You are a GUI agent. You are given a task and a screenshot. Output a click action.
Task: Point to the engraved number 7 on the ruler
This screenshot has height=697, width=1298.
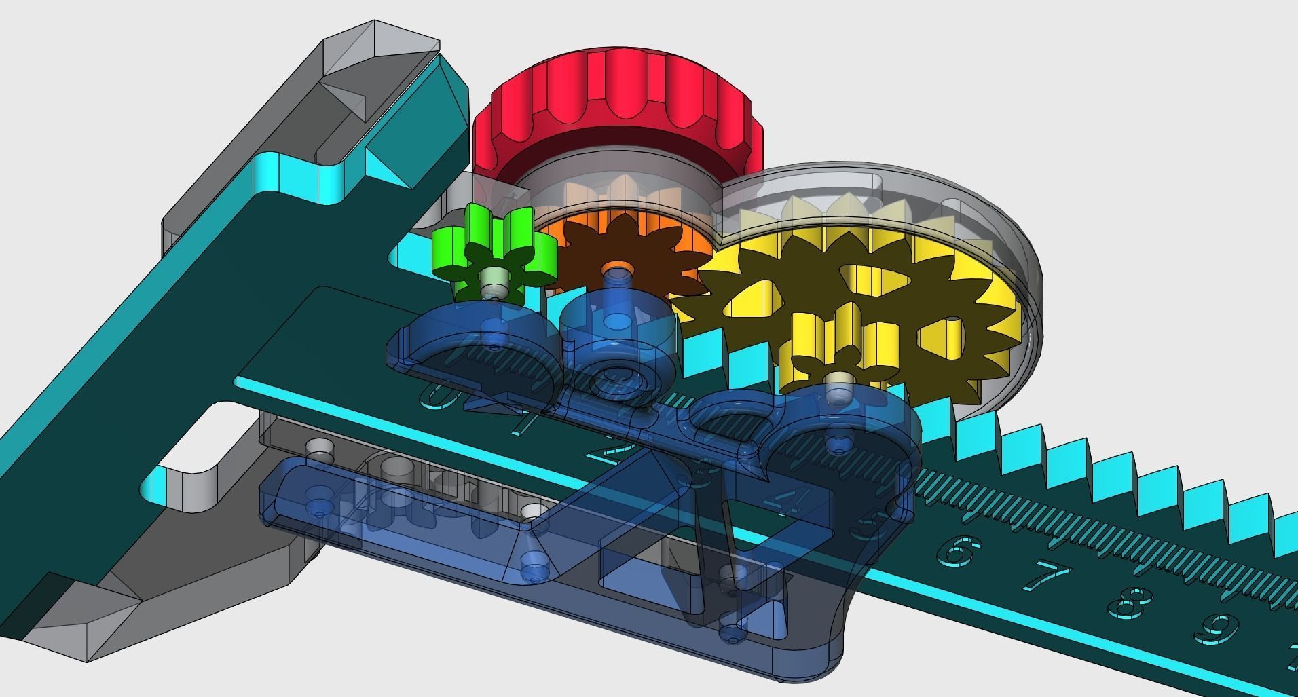click(1050, 577)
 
